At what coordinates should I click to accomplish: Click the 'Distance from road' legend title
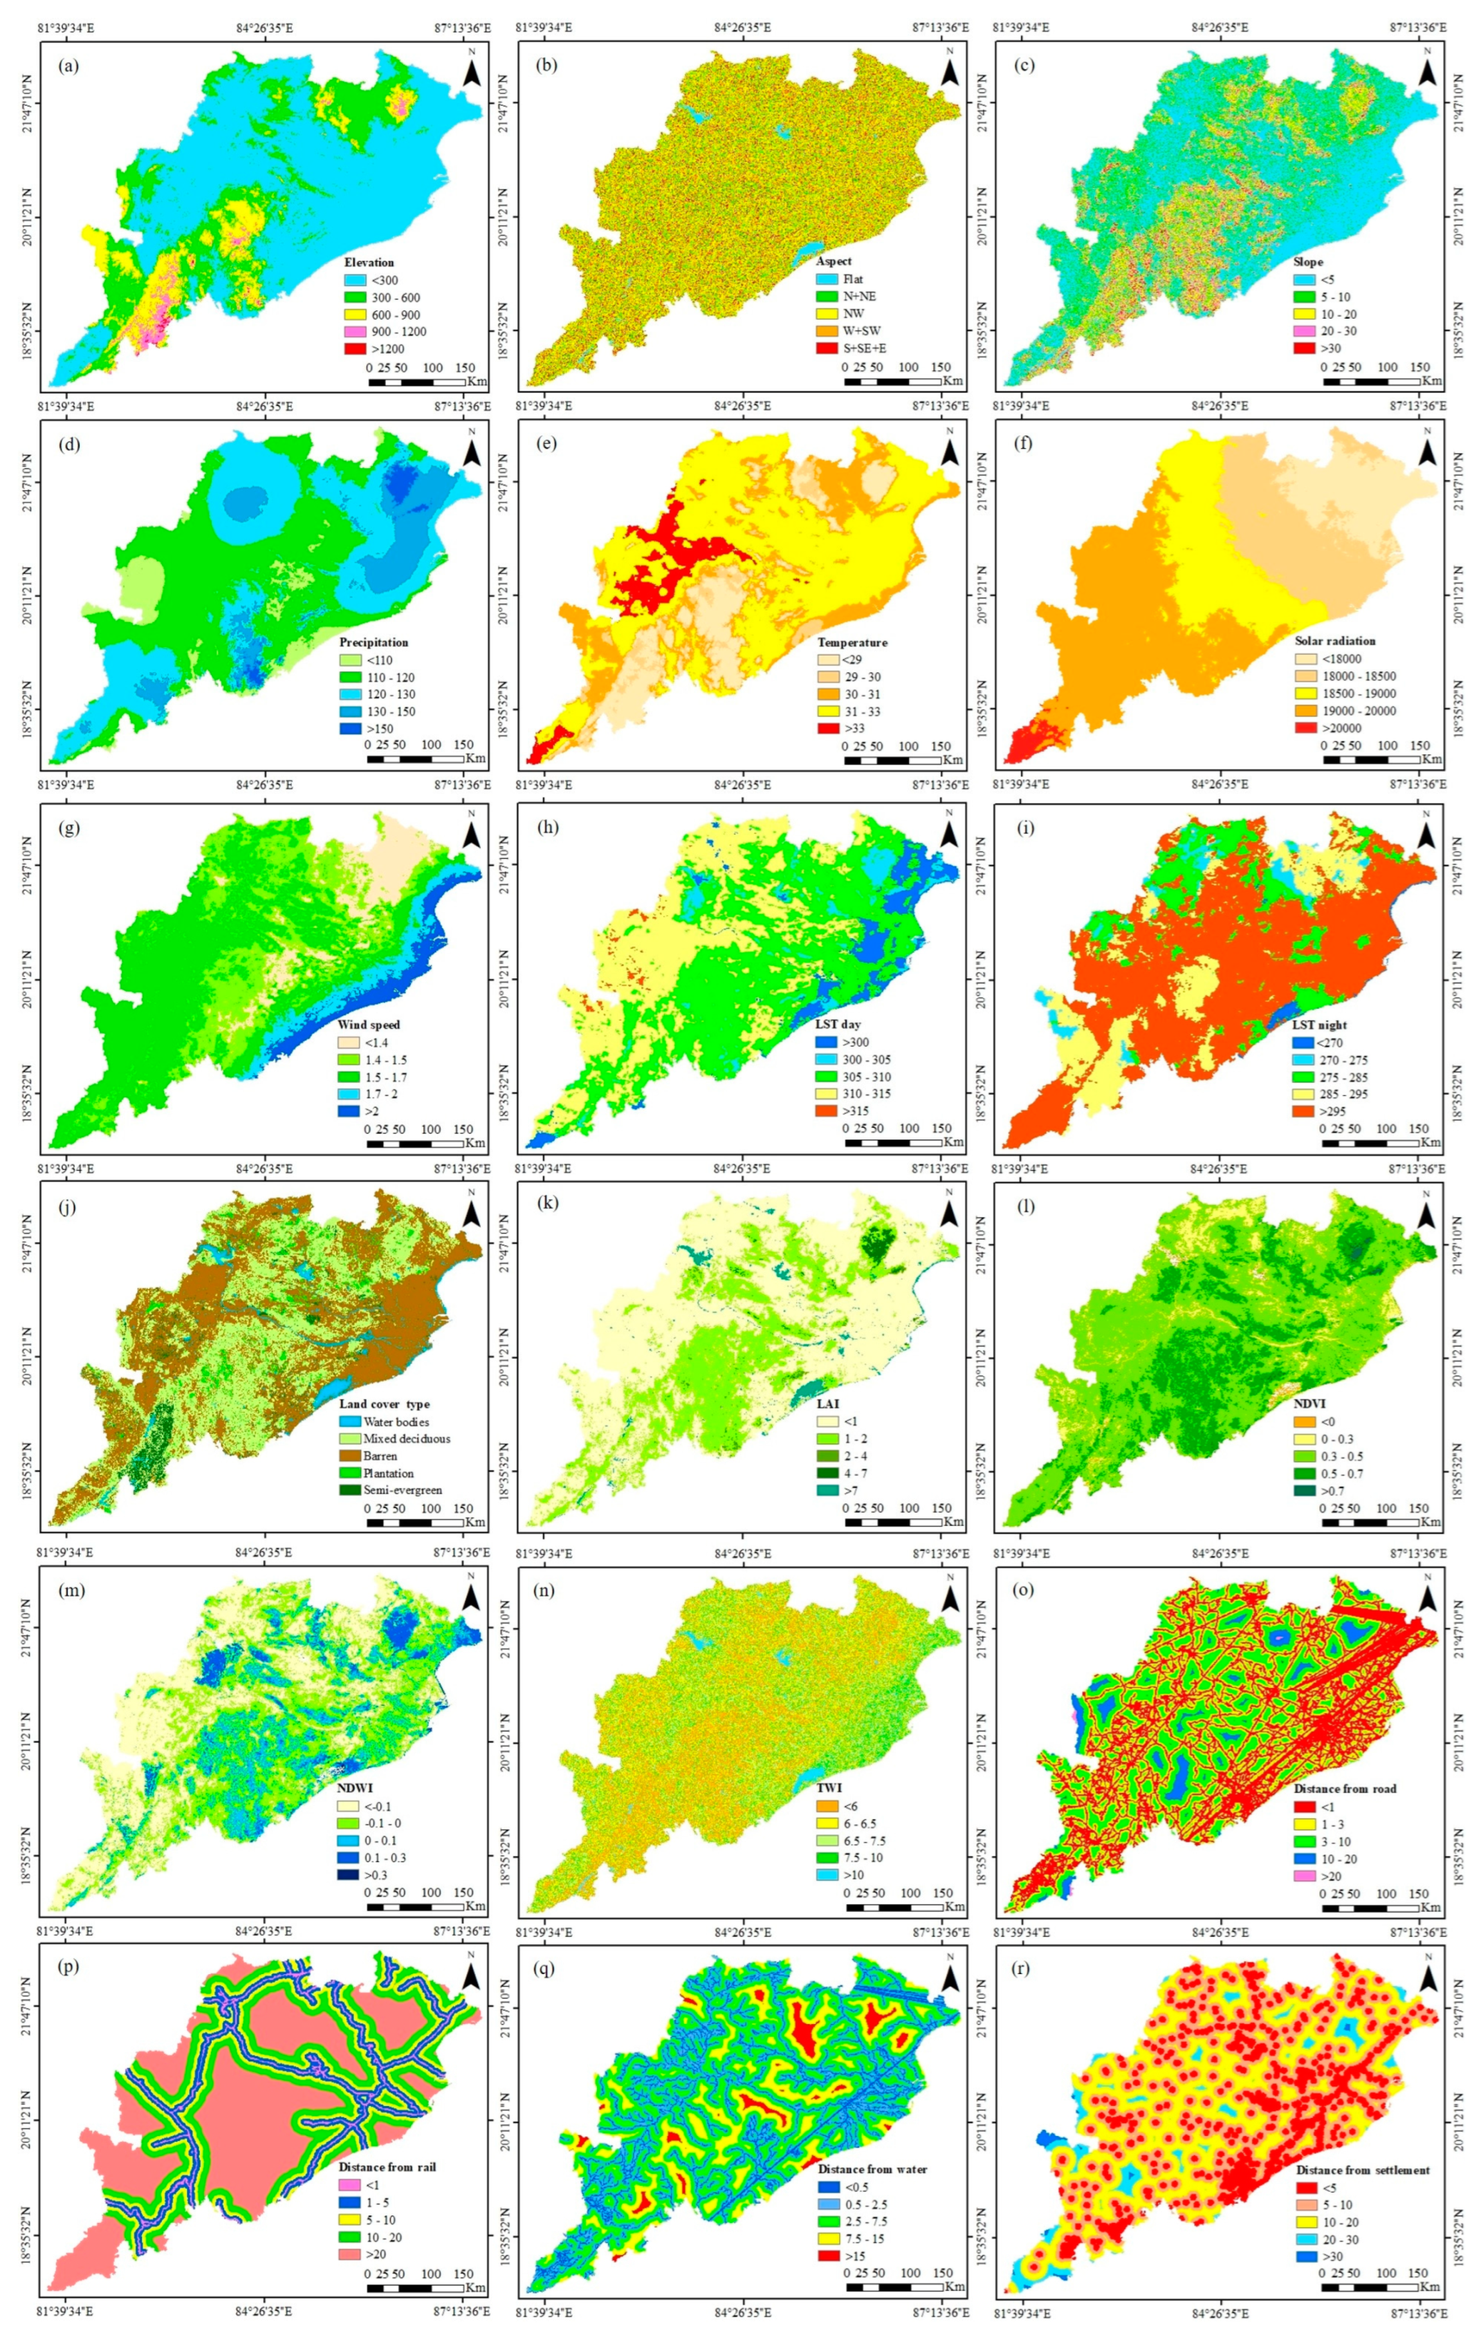pyautogui.click(x=1345, y=1788)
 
